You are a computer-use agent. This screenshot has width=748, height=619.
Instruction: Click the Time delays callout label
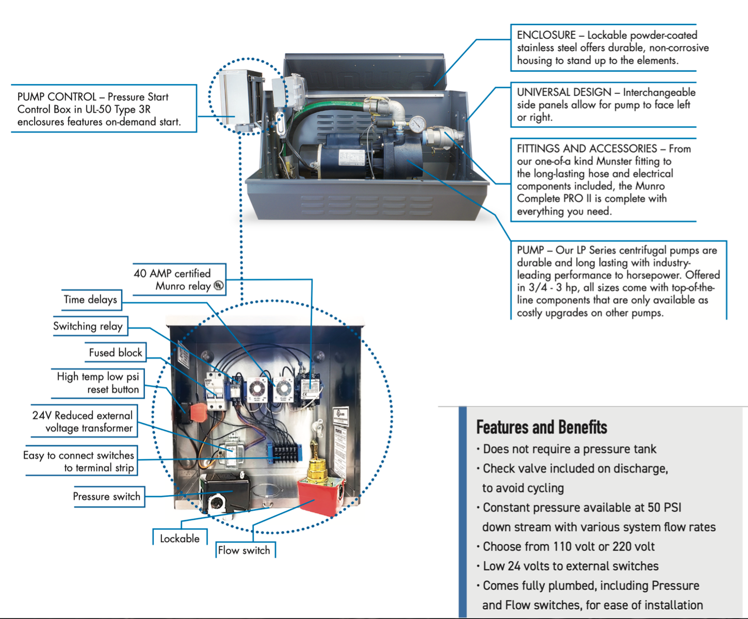[90, 300]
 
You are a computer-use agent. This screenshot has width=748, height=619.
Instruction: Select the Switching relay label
[88, 326]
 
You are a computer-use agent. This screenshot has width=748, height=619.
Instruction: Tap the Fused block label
[115, 353]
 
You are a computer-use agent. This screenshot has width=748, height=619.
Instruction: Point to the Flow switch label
[244, 550]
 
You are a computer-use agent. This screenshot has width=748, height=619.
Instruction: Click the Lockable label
[180, 539]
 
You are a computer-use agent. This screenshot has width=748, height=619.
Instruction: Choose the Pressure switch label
[106, 496]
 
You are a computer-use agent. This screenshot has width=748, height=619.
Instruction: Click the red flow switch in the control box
[320, 496]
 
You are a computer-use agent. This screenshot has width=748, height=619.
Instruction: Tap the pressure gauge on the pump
[417, 124]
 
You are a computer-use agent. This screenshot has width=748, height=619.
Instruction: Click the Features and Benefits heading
[541, 427]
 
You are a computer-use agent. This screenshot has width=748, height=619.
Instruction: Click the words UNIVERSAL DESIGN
[564, 92]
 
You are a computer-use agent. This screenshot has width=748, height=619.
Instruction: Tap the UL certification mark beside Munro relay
[219, 285]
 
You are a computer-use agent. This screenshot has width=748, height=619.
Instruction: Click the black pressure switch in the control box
[225, 493]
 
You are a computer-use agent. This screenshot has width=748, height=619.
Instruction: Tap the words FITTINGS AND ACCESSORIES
[587, 149]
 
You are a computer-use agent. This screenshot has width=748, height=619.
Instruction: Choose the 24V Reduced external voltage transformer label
[83, 422]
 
